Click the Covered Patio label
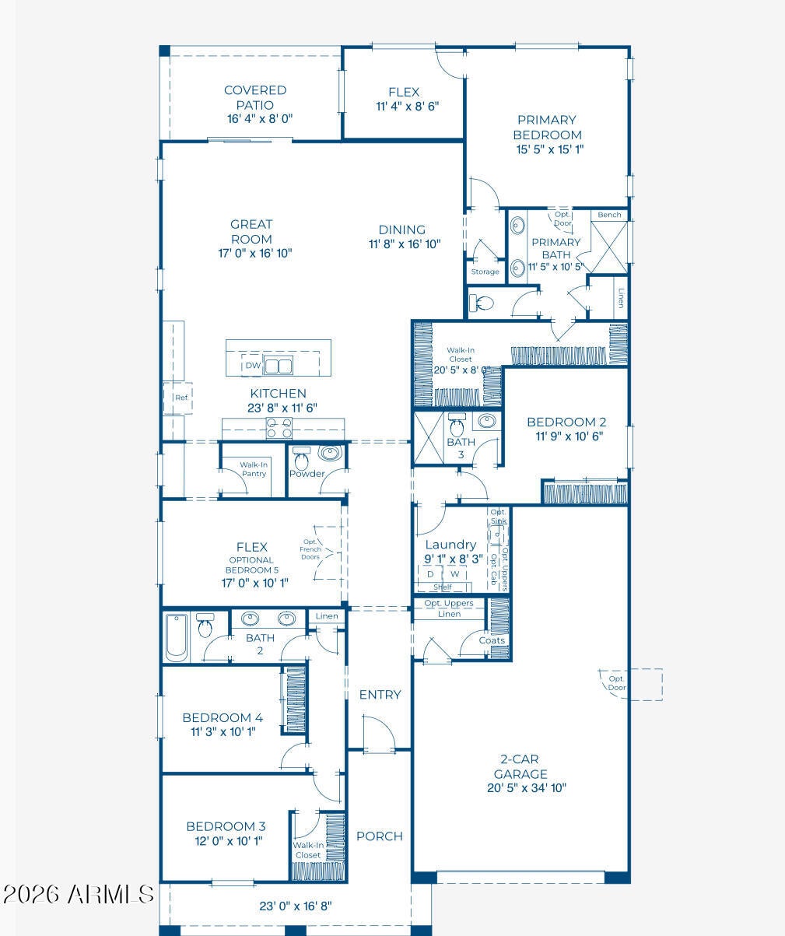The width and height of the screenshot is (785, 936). pos(255,97)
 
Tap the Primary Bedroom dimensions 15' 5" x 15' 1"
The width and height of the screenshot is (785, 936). pos(550,149)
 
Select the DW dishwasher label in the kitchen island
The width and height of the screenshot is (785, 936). pos(253,366)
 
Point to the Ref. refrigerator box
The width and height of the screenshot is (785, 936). pos(178,398)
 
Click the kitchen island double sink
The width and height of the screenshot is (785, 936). pos(278,366)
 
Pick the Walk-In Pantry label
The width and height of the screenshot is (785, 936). pos(254,469)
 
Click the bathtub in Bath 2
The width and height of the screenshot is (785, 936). pos(176,637)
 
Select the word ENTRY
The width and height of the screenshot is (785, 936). pos(380,694)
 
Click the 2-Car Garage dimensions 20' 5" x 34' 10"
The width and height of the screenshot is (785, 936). pos(527,787)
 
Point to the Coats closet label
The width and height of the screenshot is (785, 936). pos(492,640)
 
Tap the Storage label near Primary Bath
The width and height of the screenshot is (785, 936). pos(485,272)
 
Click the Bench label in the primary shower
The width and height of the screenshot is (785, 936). pos(609,215)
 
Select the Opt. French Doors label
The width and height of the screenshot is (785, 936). pos(310,549)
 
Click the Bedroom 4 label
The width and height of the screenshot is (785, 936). pos(223,717)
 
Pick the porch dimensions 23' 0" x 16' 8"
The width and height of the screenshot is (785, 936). pos(296,906)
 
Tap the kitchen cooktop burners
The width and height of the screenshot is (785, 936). pos(279,428)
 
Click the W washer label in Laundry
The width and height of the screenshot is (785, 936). pos(454,574)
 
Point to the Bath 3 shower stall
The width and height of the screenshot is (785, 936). pos(428,438)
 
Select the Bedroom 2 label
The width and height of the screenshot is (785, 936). pos(566,422)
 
